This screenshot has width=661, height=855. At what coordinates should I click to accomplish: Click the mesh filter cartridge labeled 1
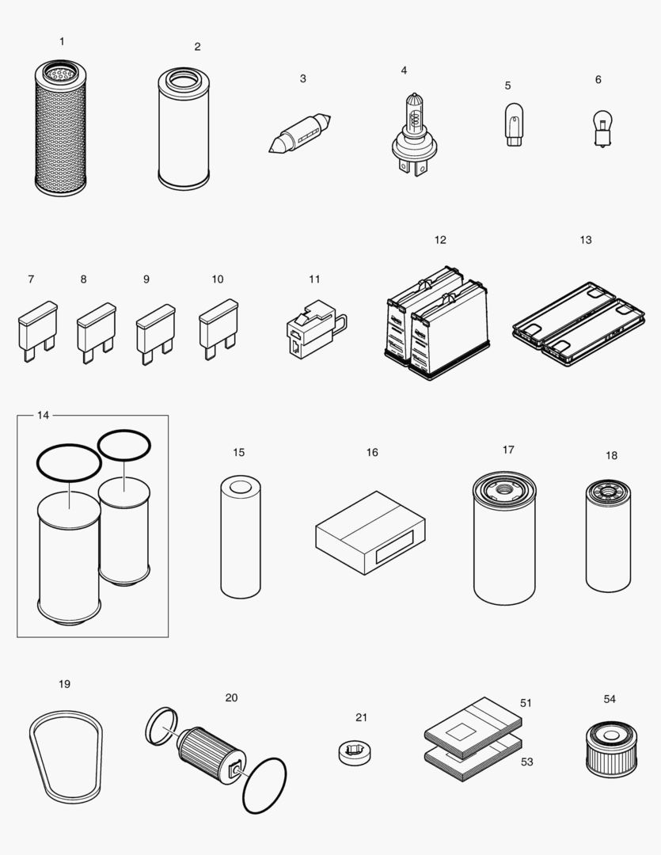[61, 131]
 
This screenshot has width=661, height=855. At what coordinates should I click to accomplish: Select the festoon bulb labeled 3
[299, 135]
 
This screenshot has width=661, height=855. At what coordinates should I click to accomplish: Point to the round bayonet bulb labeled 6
[602, 127]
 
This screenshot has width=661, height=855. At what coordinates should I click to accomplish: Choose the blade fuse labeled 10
[218, 325]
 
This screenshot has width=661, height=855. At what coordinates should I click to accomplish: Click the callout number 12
[440, 240]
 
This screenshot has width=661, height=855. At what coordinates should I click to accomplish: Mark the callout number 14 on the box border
[43, 415]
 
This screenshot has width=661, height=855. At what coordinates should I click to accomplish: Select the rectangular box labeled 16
[370, 532]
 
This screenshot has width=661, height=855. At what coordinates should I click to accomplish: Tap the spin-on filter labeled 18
[609, 538]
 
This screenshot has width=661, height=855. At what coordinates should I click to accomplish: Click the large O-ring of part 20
[264, 785]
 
